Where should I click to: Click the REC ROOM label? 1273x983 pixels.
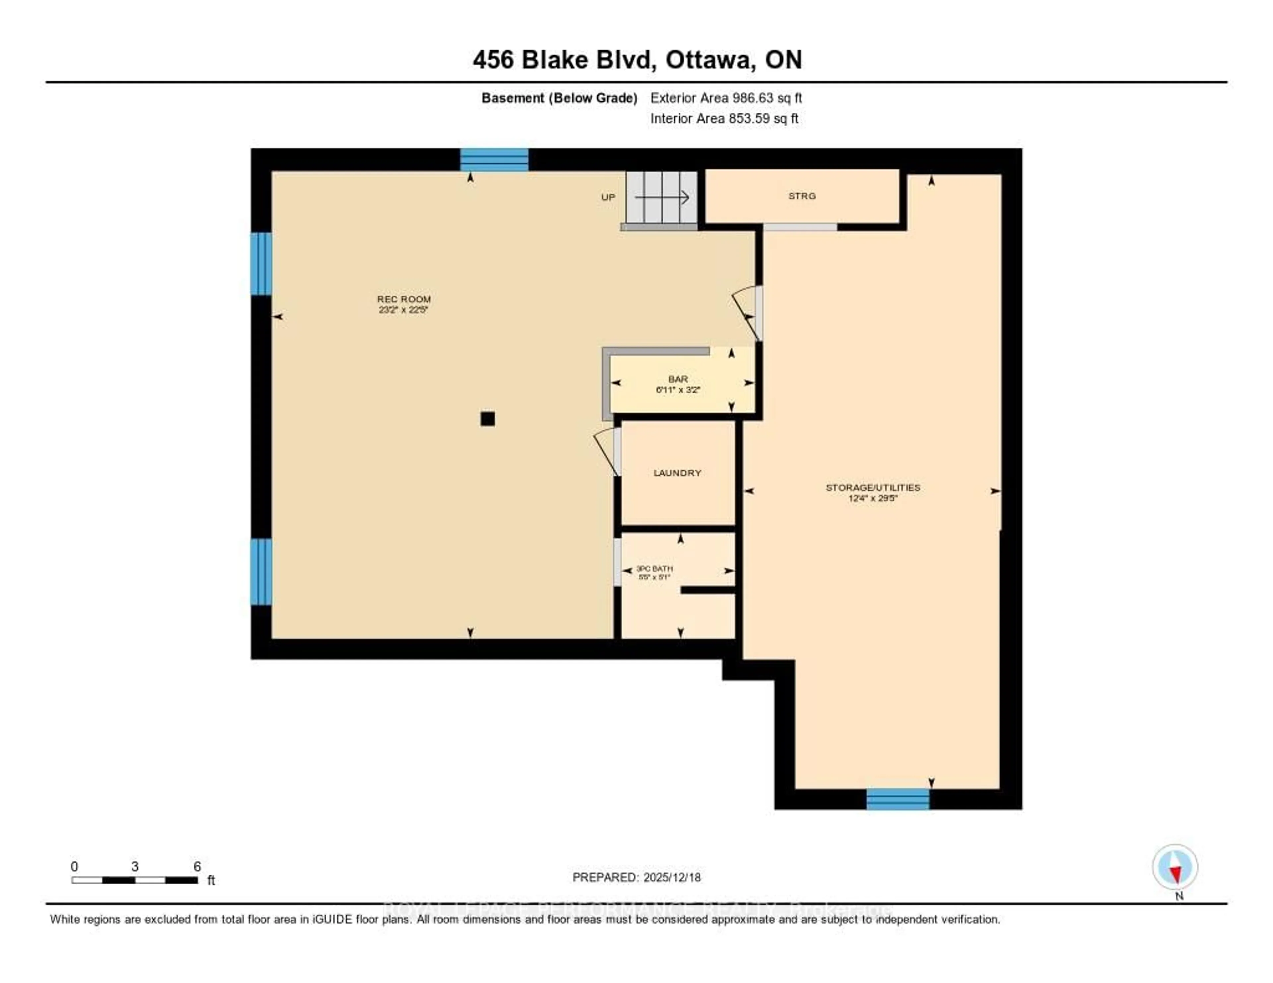point(403,299)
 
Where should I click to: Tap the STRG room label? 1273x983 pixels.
point(802,196)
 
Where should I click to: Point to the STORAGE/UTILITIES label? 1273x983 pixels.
point(873,487)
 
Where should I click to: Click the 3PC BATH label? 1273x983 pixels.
point(654,568)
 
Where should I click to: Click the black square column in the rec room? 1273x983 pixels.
point(487,418)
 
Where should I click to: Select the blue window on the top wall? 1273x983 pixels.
point(494,159)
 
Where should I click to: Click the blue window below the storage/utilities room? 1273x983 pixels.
point(898,799)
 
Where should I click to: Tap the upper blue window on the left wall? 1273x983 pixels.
point(261,263)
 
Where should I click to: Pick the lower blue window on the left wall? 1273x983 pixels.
point(261,572)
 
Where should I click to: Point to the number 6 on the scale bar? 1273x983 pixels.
point(197,866)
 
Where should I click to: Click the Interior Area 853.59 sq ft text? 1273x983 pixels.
point(724,118)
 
